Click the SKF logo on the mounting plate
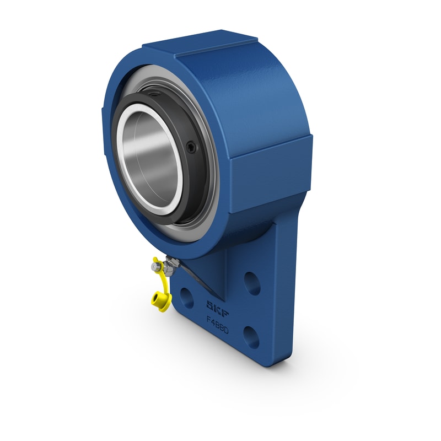pos(216,306)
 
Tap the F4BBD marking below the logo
pos(217,321)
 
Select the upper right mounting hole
pos(252,283)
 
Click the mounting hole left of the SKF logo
pos(187,298)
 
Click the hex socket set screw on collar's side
pos(190,148)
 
